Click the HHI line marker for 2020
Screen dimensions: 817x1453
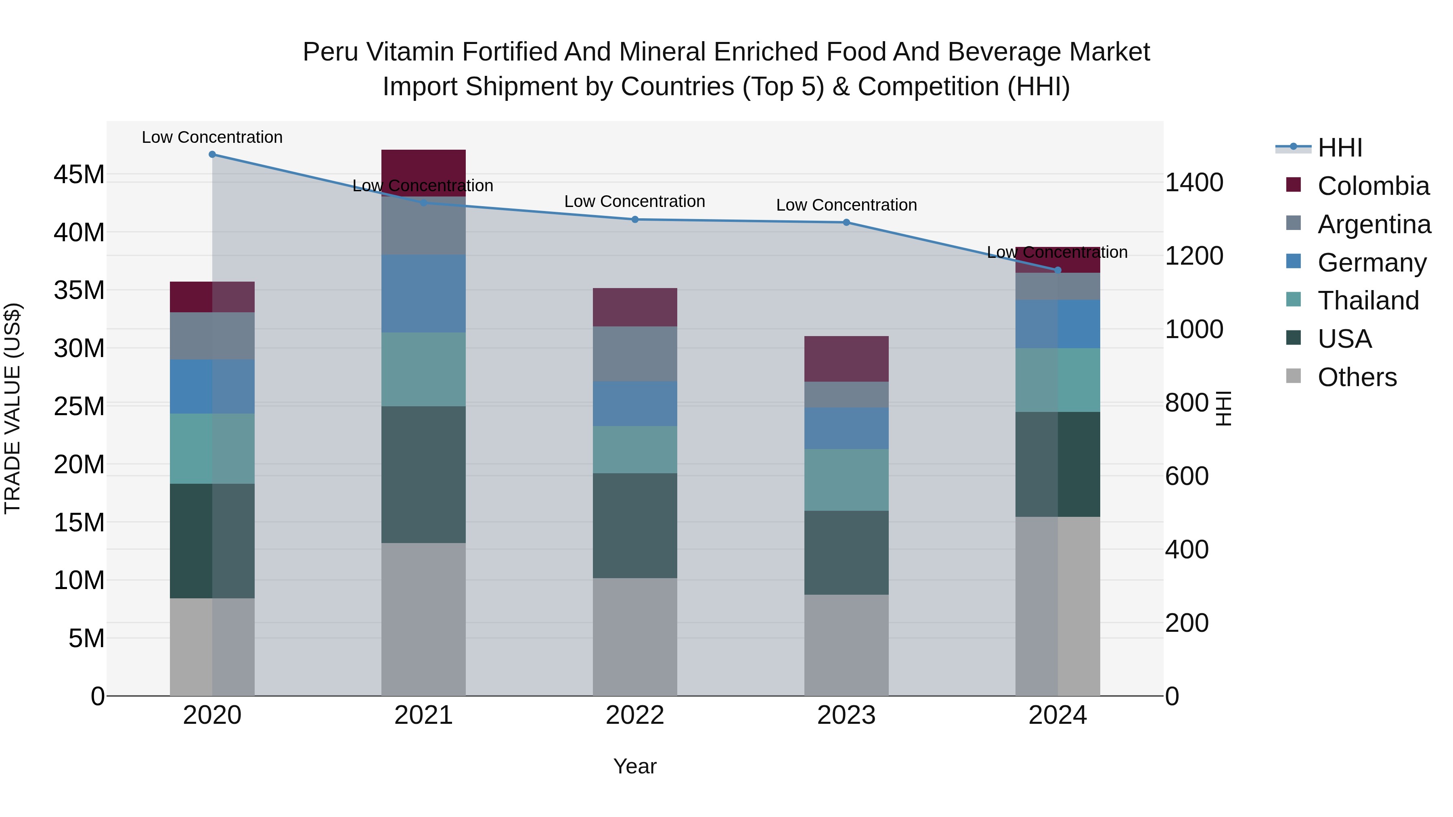pyautogui.click(x=212, y=155)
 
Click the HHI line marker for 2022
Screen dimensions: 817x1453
pyautogui.click(x=634, y=219)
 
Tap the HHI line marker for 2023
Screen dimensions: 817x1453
pyautogui.click(x=846, y=223)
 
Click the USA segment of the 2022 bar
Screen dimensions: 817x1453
pyautogui.click(x=634, y=525)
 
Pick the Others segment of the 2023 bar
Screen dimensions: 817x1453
pyautogui.click(x=846, y=645)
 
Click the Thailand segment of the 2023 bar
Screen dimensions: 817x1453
pyautogui.click(x=846, y=480)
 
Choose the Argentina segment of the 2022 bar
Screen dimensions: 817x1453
pyautogui.click(x=634, y=353)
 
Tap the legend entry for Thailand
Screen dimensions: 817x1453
pyautogui.click(x=1367, y=301)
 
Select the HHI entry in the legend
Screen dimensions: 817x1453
pyautogui.click(x=1339, y=148)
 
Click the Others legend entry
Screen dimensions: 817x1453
pyautogui.click(x=1356, y=377)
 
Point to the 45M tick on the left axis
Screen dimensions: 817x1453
pyautogui.click(x=79, y=175)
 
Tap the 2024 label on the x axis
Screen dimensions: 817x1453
pyautogui.click(x=1057, y=715)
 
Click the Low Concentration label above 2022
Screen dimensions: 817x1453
pyautogui.click(x=634, y=201)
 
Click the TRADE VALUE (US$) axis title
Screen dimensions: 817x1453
pyautogui.click(x=13, y=408)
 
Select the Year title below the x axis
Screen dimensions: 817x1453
pyautogui.click(x=634, y=766)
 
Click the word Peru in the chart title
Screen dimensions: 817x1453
pyautogui.click(x=330, y=52)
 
